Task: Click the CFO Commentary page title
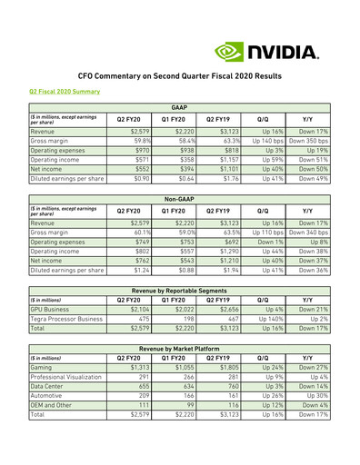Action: point(180,74)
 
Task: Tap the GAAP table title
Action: point(179,108)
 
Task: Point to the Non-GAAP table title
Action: point(179,196)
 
